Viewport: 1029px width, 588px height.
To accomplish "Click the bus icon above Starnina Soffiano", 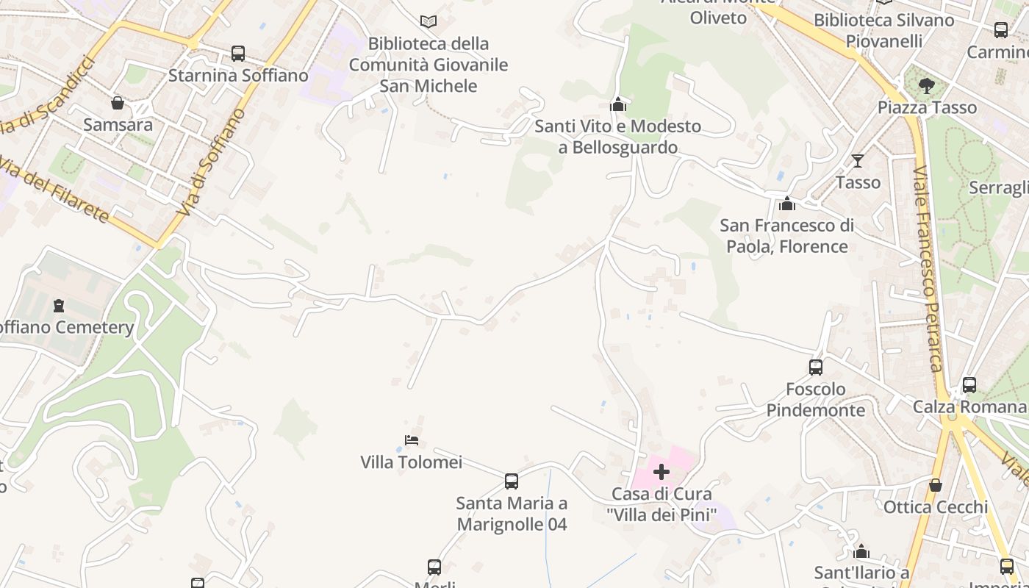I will tap(238, 54).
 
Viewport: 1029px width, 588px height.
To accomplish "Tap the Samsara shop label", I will tap(118, 124).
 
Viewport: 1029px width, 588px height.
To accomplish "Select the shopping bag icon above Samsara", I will tap(117, 103).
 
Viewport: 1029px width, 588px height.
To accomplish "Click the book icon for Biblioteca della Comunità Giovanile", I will tap(428, 22).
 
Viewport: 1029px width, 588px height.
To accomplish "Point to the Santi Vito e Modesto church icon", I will tap(618, 104).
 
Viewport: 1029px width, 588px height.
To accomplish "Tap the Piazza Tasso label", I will tap(927, 107).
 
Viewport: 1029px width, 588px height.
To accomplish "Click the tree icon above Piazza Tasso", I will tap(927, 86).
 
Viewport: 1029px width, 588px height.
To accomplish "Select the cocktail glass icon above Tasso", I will tap(858, 160).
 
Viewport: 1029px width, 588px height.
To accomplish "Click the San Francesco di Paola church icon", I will tap(787, 204).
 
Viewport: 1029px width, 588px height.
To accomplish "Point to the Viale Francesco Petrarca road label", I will tap(928, 268).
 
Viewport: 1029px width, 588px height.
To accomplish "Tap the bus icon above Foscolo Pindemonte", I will tap(816, 367).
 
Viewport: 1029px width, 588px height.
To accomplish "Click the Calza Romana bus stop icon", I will tap(969, 385).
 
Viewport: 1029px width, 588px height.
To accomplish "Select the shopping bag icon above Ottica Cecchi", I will tap(936, 485).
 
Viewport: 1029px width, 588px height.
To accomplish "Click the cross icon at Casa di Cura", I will tap(661, 472).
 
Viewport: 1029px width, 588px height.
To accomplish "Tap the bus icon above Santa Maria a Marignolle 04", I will tap(512, 481).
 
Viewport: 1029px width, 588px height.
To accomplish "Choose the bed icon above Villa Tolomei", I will tap(412, 440).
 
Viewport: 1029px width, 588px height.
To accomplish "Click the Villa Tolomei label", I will tap(411, 462).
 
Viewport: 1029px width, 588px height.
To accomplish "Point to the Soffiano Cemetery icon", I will tap(59, 305).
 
